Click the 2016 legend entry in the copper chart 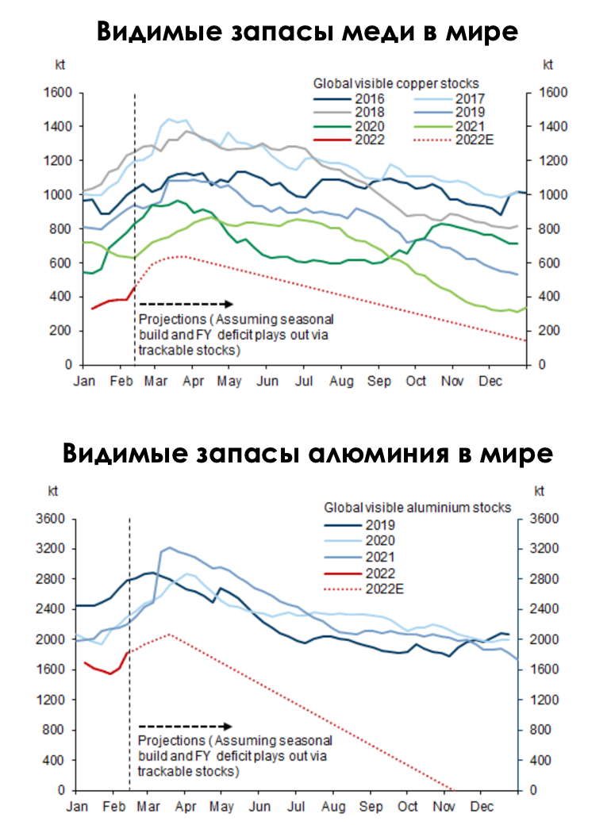tap(349, 98)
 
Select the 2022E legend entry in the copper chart tap(454, 140)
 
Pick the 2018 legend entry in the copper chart tap(349, 112)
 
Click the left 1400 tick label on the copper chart tap(57, 126)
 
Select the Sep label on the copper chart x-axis tap(379, 381)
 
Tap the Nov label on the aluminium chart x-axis tap(444, 806)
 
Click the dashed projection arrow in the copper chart tap(186, 304)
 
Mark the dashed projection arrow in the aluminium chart tap(185, 727)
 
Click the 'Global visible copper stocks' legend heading tap(396, 83)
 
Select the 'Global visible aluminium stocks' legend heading tap(417, 507)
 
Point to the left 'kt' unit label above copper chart tap(60, 65)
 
